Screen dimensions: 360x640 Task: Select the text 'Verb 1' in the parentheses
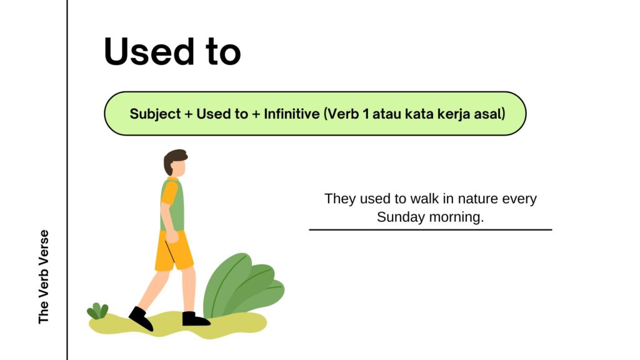(x=347, y=114)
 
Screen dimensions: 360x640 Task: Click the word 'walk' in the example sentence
(x=425, y=199)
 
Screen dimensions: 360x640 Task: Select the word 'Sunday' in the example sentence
(x=400, y=217)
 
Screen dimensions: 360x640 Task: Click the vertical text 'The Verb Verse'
(x=44, y=277)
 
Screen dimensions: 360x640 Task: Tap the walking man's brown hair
(x=173, y=157)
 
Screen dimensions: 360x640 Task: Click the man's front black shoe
(x=141, y=318)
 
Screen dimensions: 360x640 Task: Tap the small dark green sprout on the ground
(x=97, y=311)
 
